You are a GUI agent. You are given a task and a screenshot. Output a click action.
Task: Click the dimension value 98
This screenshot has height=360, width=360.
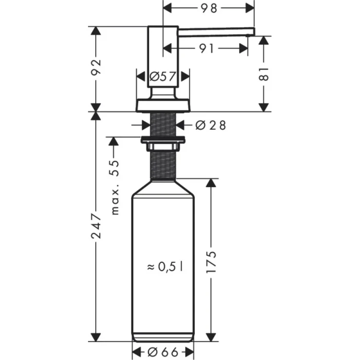click(209, 8)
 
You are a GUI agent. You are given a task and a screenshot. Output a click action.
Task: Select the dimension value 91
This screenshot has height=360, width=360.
click(206, 48)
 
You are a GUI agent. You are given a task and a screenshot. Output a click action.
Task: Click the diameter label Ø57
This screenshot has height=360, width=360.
click(161, 78)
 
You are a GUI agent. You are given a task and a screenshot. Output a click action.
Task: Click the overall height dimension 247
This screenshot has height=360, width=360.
click(96, 226)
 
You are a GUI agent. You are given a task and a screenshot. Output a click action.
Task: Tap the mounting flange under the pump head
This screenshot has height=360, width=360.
click(163, 105)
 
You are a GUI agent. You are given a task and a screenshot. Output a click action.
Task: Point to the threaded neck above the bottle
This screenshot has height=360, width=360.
click(163, 165)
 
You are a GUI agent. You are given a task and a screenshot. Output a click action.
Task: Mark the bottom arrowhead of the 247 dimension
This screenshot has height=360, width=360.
click(96, 337)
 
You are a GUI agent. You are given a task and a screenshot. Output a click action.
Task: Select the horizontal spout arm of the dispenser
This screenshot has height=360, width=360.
click(216, 31)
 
